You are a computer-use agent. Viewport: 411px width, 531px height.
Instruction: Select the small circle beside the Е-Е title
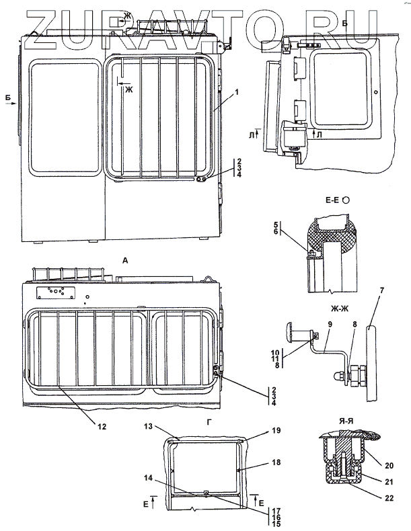coord(345,200)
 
